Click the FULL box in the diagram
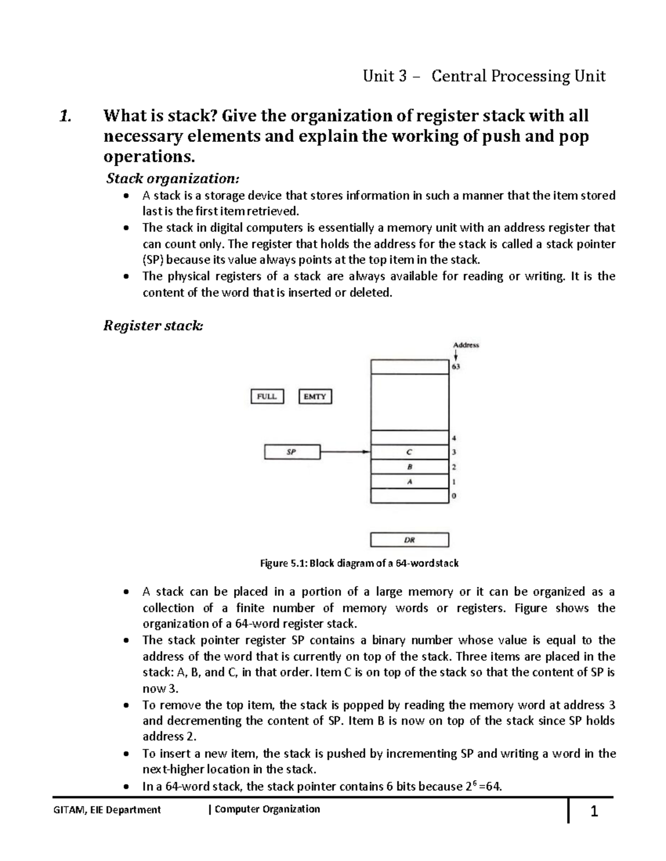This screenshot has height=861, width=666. [x=267, y=397]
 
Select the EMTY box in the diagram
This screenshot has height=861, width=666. [x=315, y=397]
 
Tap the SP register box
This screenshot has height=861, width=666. [x=292, y=452]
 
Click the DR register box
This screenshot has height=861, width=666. [x=410, y=539]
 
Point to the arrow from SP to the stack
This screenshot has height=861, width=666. [x=345, y=452]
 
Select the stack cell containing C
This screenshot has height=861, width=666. [x=410, y=452]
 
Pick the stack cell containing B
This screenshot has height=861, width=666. [x=410, y=467]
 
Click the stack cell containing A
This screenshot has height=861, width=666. [x=410, y=481]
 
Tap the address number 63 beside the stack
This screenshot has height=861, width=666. [x=456, y=366]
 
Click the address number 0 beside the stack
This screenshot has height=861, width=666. [x=454, y=496]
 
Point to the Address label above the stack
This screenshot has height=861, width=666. [x=466, y=345]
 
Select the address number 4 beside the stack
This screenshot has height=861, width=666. [x=454, y=438]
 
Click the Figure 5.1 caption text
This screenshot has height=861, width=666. [x=359, y=563]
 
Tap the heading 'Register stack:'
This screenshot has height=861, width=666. [x=153, y=325]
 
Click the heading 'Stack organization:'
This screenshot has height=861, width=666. [x=173, y=179]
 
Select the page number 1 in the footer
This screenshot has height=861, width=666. [x=594, y=812]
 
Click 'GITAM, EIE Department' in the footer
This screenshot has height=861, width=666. [x=107, y=809]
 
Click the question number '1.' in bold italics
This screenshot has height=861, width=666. [x=65, y=116]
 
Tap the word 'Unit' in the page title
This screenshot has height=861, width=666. [x=379, y=76]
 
